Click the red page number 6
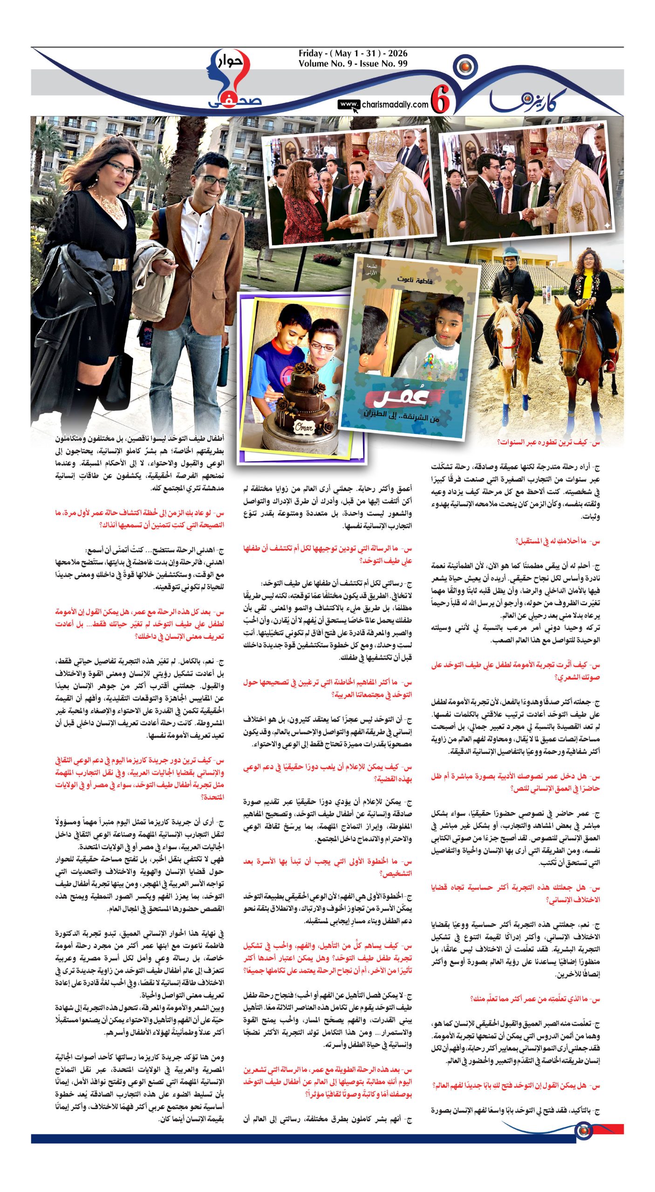coord(440,99)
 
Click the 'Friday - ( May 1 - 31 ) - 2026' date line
coord(353,54)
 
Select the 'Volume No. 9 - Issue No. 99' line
coord(353,64)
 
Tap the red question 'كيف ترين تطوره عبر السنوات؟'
coord(548,442)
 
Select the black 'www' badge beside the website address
coord(348,105)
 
